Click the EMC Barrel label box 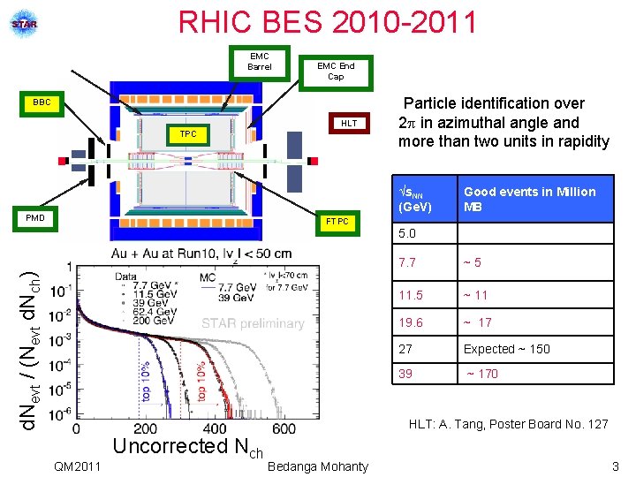(x=260, y=62)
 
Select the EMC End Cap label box (x=336, y=72)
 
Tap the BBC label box (x=42, y=103)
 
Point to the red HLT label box (x=349, y=124)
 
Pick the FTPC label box (x=337, y=222)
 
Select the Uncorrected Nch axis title (x=188, y=447)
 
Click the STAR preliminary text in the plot (x=254, y=323)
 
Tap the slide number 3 (x=615, y=466)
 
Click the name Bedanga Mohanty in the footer (x=317, y=466)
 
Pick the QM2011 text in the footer (x=77, y=466)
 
